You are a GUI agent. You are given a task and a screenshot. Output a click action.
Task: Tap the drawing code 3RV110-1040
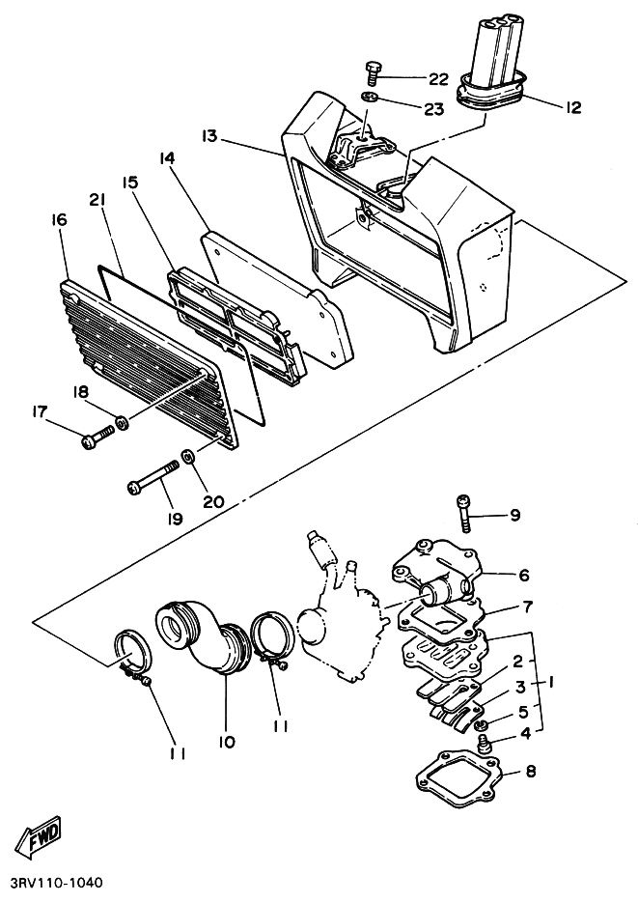coord(57,884)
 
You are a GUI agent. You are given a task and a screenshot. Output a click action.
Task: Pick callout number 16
coord(59,220)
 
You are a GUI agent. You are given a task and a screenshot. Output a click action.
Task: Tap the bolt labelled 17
coord(96,439)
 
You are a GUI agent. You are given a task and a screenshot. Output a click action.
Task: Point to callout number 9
coord(514,516)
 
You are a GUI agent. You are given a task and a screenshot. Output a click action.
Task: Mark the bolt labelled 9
coord(463,511)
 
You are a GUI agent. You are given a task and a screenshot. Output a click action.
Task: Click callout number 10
coord(227,743)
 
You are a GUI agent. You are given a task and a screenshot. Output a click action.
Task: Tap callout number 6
coord(523,576)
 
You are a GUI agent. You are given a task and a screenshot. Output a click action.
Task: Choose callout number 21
coord(96,199)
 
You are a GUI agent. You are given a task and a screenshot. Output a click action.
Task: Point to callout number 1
coord(551,681)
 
